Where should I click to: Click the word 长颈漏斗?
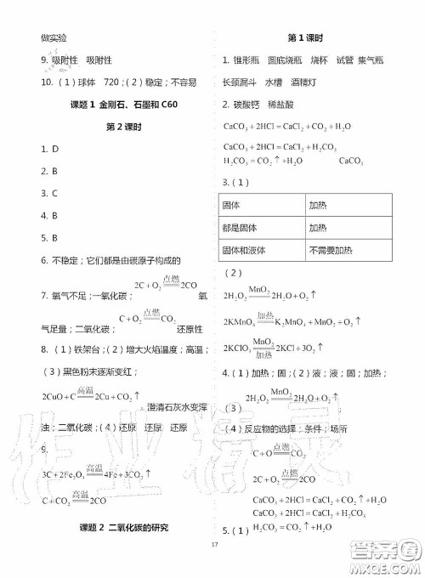pyautogui.click(x=240, y=82)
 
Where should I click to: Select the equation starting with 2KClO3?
pyautogui.click(x=280, y=348)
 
